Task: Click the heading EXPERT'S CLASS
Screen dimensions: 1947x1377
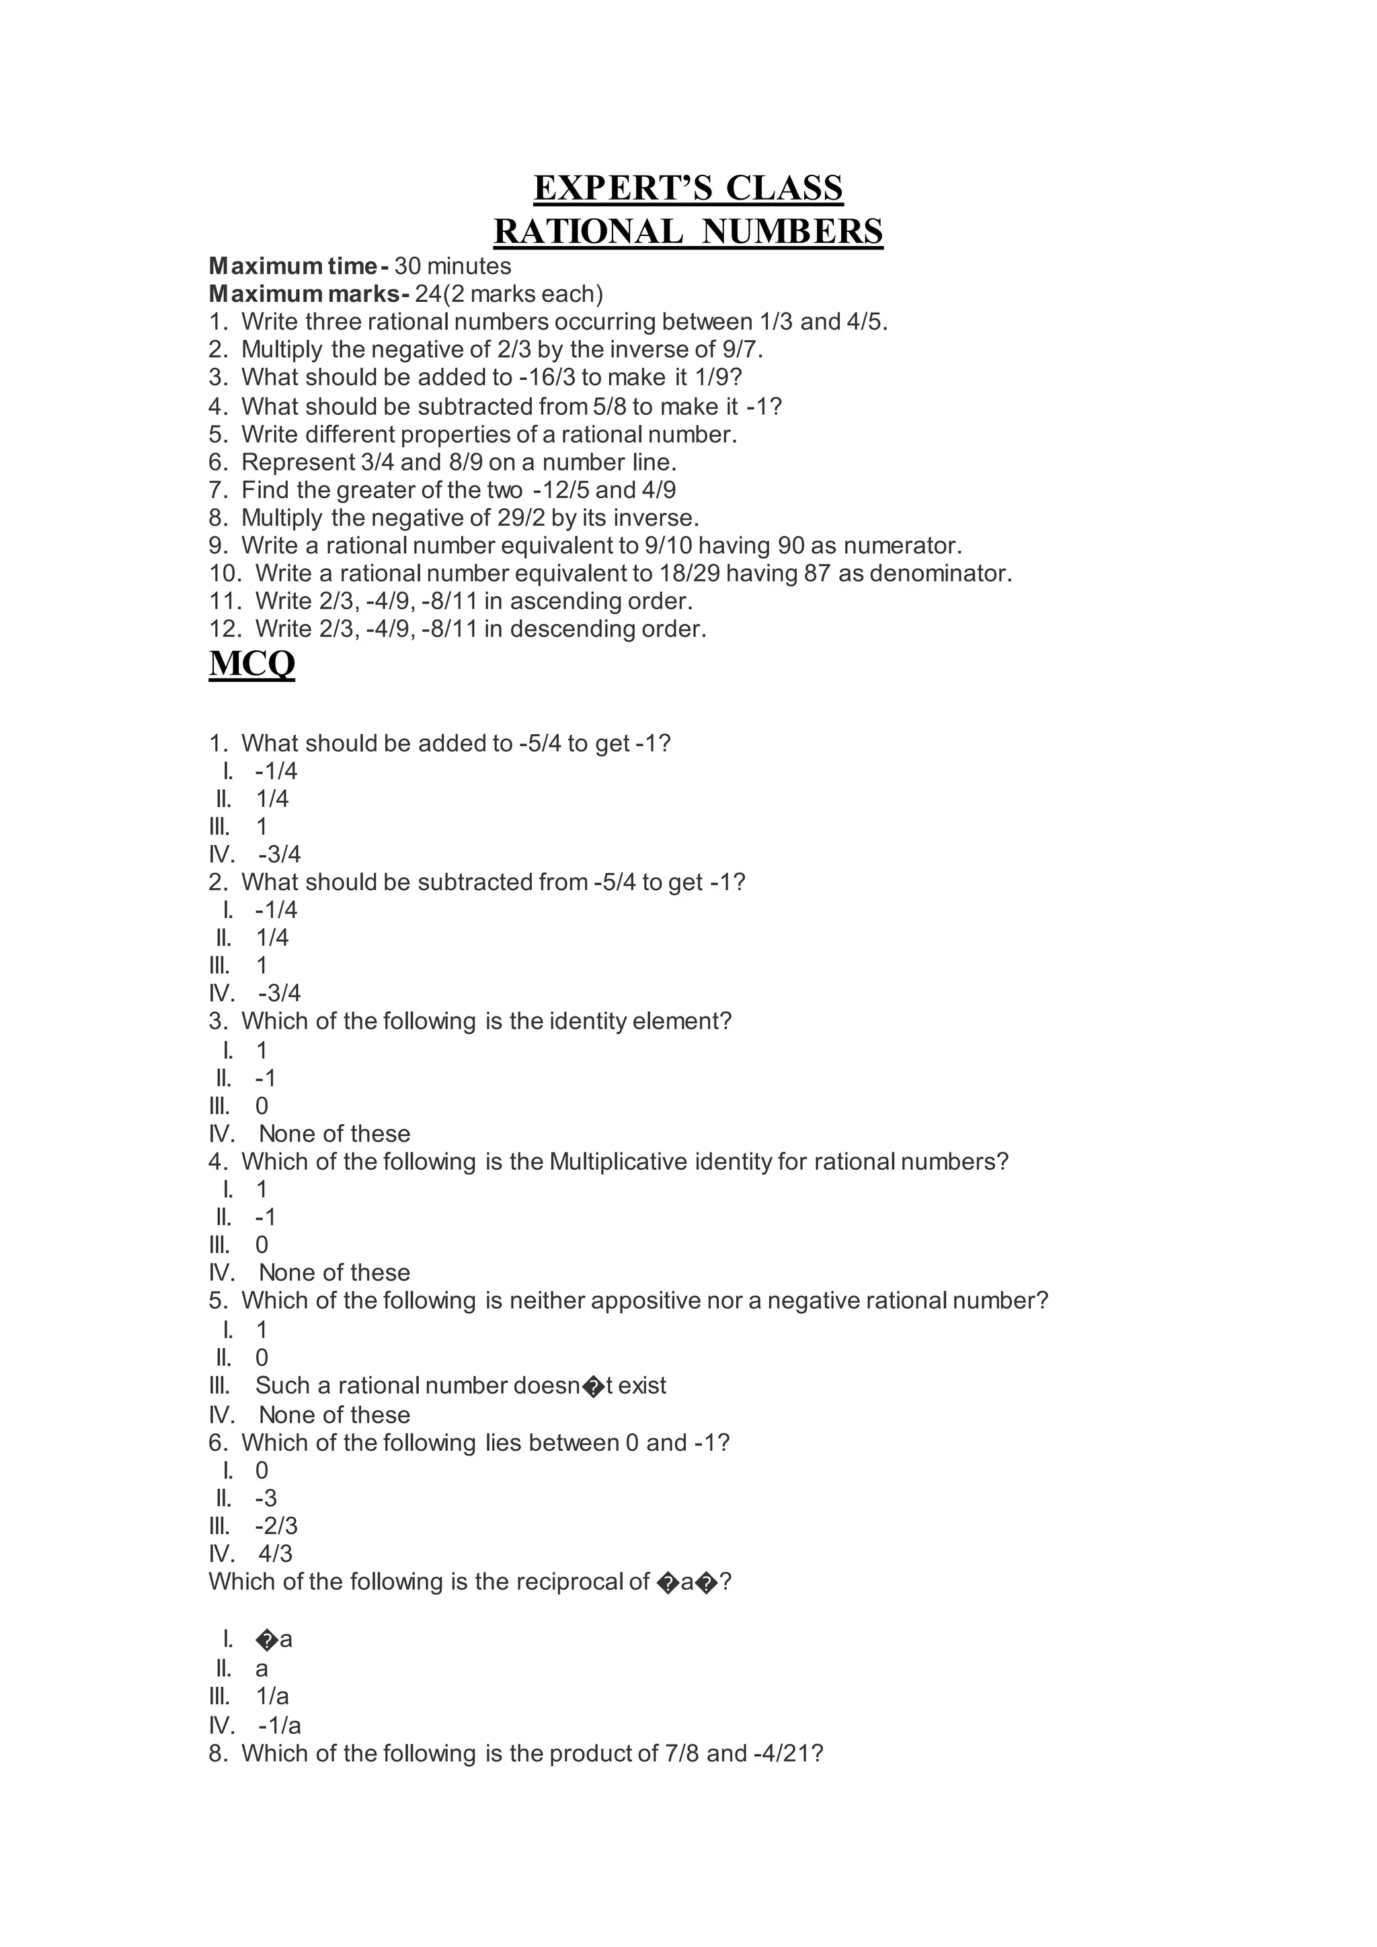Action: point(688,188)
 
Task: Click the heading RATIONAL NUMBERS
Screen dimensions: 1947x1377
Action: point(688,231)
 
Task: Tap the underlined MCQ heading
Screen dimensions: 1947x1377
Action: point(252,663)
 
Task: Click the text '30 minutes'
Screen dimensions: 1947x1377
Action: point(453,266)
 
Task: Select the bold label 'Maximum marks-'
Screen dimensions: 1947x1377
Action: point(309,294)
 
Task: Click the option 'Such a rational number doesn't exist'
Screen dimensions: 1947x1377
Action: point(461,1386)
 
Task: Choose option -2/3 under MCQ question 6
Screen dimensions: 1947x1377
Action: point(276,1526)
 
